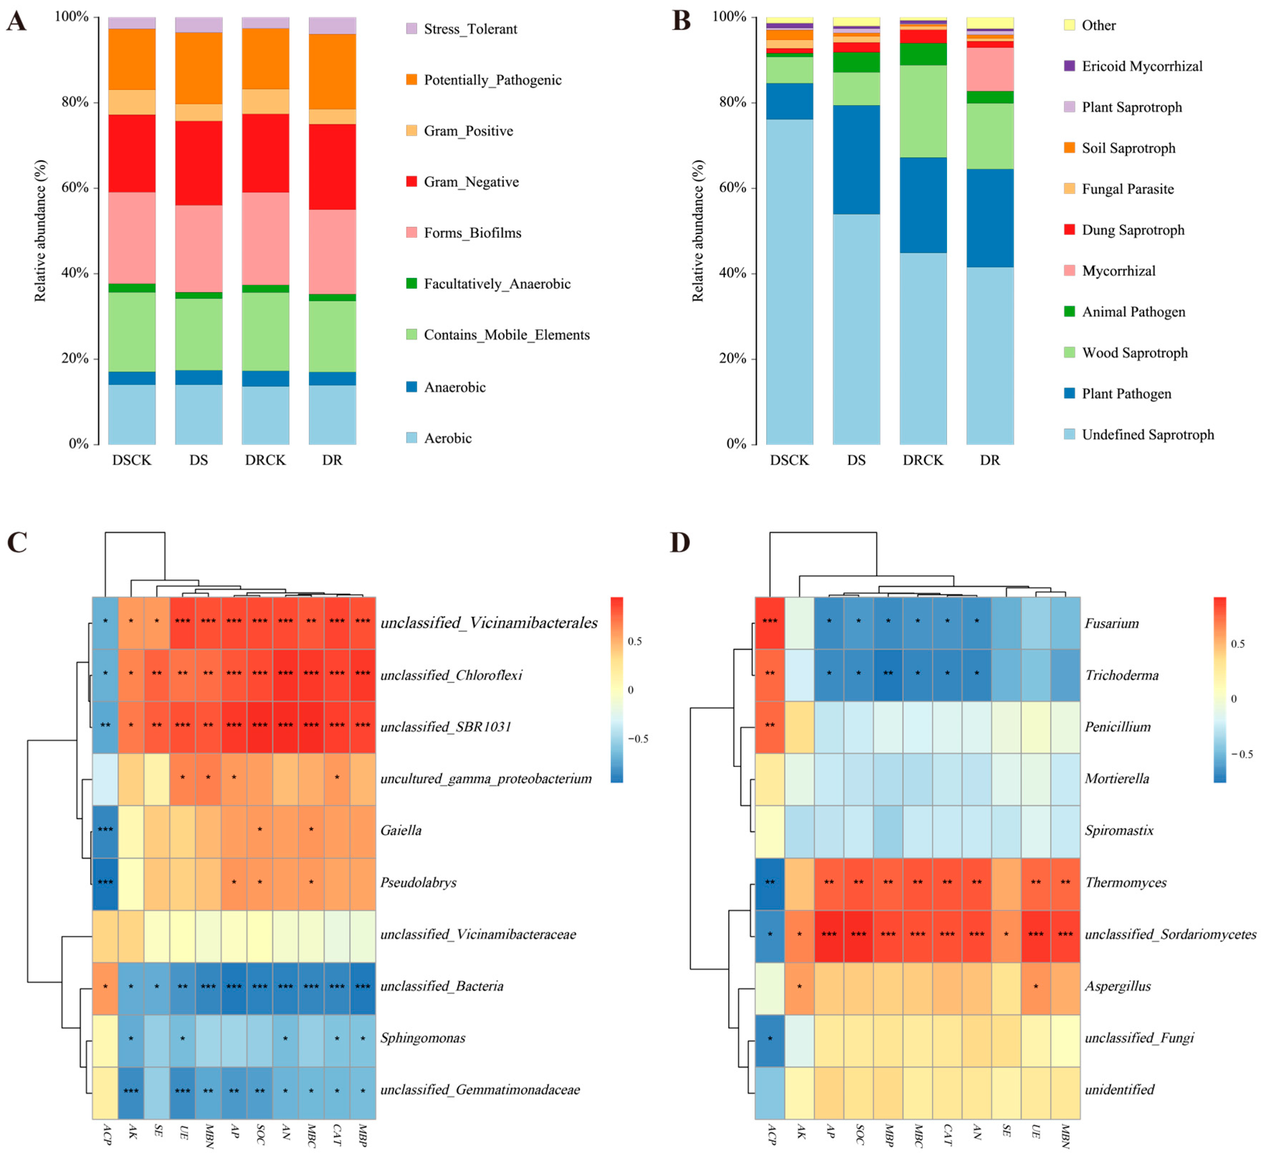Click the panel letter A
coord(16,21)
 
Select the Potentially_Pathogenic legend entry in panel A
coord(492,80)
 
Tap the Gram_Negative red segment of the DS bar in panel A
coord(198,163)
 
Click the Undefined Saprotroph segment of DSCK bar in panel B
coord(789,282)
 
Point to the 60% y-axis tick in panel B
coord(733,188)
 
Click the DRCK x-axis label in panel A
coord(265,460)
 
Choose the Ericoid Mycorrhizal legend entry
coord(1142,66)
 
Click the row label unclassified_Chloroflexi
coord(451,675)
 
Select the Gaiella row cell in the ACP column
coord(105,830)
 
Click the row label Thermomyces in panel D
coord(1125,882)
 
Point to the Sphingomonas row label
coord(422,1038)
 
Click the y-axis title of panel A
coord(40,230)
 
